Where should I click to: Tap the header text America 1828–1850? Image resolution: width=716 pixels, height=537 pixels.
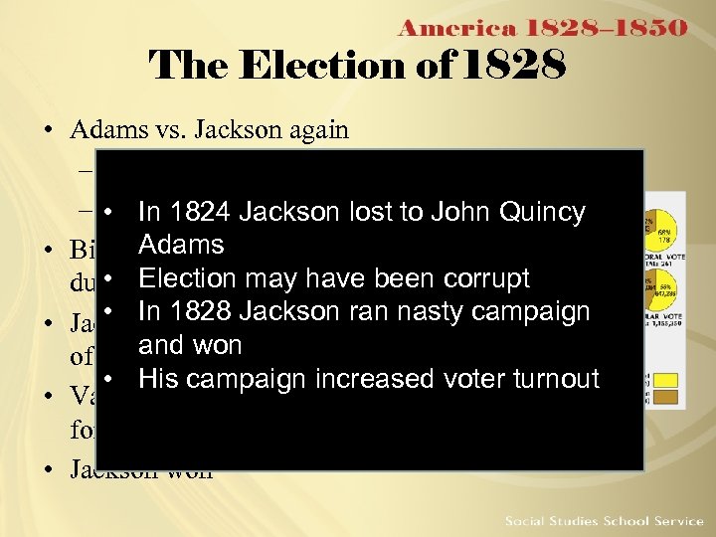point(542,28)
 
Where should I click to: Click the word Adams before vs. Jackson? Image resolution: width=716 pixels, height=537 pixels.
point(104,130)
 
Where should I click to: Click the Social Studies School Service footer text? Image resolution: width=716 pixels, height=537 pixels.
point(603,520)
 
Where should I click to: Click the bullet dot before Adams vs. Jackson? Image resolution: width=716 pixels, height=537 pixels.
point(47,131)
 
